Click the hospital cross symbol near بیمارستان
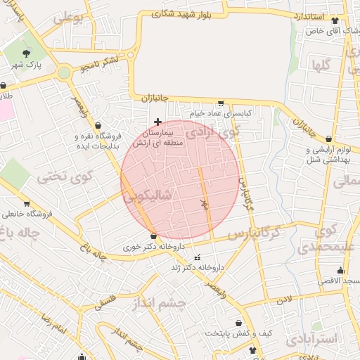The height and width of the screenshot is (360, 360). point(157,122)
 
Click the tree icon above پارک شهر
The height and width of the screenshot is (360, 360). point(27,53)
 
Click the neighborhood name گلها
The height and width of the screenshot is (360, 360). point(318,65)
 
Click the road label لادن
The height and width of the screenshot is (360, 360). point(283,300)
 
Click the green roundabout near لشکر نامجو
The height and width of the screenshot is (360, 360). point(64,72)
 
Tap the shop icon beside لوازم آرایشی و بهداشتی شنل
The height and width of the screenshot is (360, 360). point(330,139)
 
